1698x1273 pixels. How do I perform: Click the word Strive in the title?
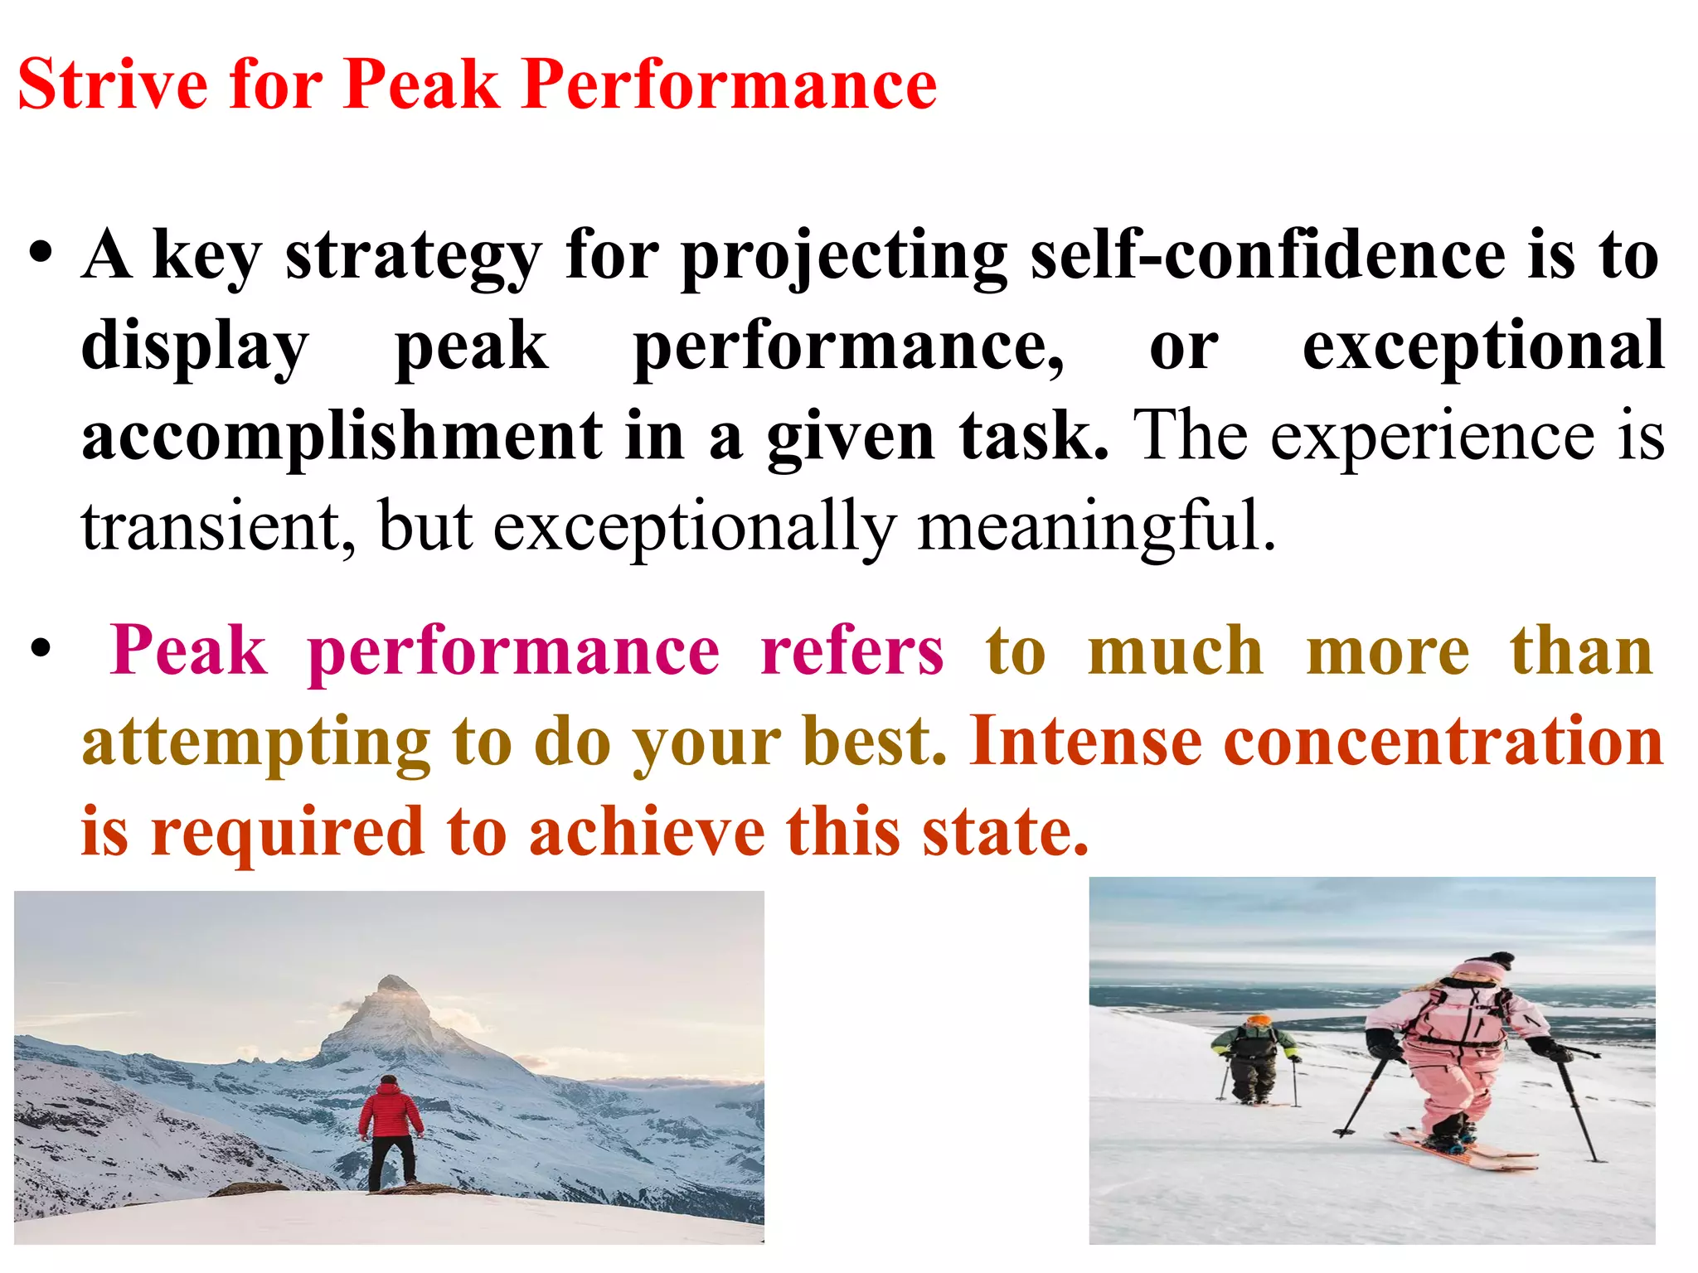click(113, 85)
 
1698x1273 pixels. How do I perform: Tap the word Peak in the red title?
click(421, 85)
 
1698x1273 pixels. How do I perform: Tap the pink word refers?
click(851, 651)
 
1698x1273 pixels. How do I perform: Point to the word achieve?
click(647, 832)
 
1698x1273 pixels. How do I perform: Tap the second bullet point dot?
click(41, 649)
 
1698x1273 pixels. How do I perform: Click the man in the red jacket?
click(390, 1132)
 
